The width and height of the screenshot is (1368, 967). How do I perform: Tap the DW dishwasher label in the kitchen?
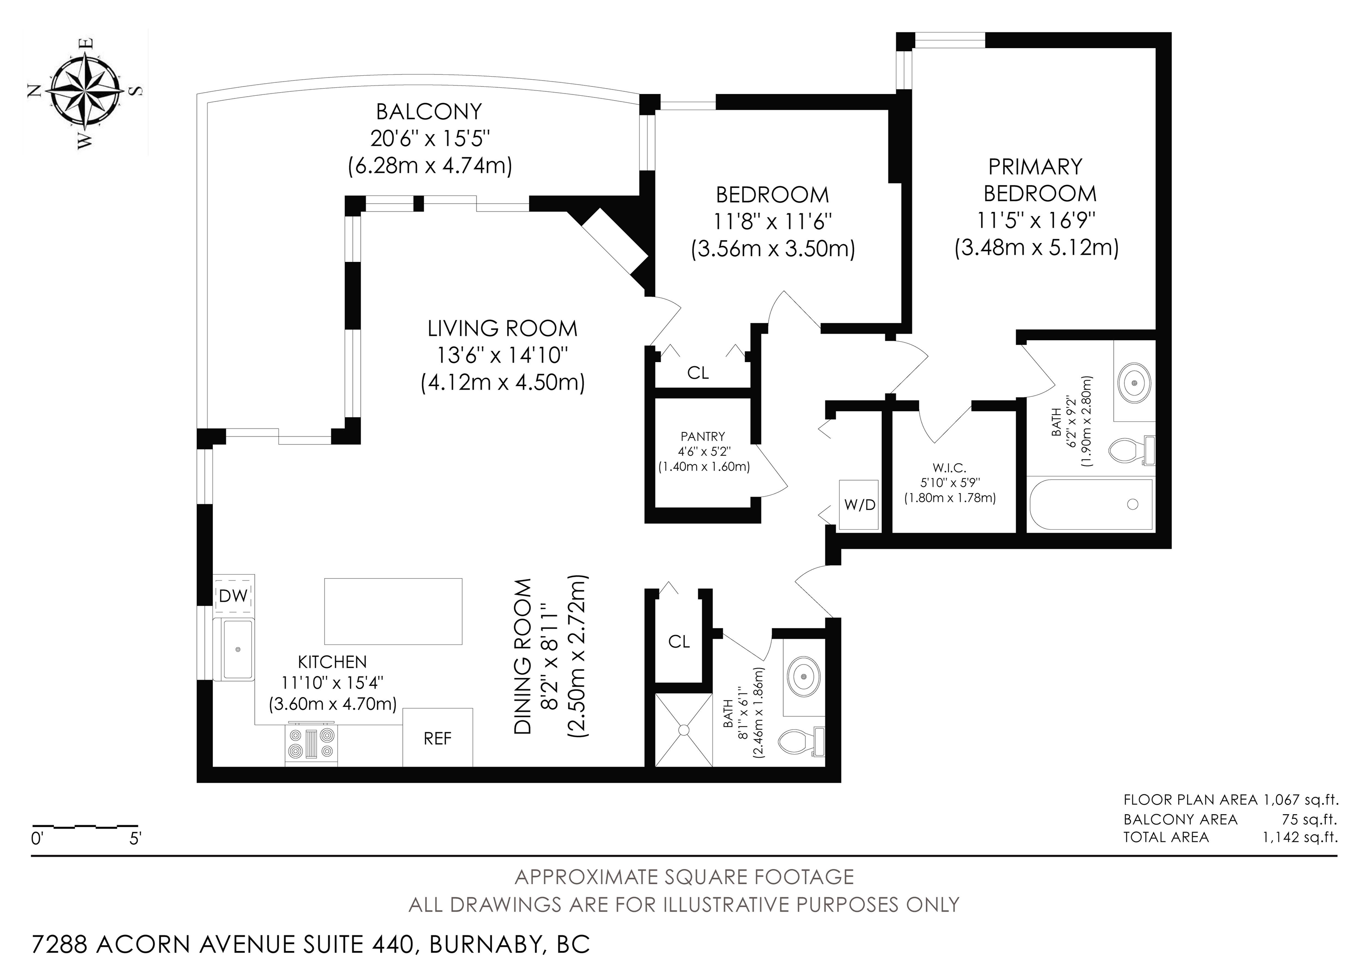coord(233,596)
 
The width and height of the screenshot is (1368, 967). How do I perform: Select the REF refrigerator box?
coord(438,737)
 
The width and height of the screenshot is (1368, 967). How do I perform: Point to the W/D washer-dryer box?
coord(859,505)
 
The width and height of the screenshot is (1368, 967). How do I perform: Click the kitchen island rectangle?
coord(393,611)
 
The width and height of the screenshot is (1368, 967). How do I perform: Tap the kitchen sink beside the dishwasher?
coord(238,649)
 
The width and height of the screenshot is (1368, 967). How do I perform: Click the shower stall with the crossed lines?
coord(684,730)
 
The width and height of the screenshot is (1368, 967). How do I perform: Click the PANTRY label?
coord(703,437)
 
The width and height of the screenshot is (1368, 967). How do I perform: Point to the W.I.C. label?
coord(950,468)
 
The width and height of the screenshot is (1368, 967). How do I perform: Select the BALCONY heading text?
coord(429,111)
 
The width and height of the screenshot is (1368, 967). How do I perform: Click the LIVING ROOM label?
coord(502,328)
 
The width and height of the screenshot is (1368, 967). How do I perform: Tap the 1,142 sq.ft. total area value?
coord(1299,837)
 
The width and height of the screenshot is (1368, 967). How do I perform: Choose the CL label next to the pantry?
coord(698,373)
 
